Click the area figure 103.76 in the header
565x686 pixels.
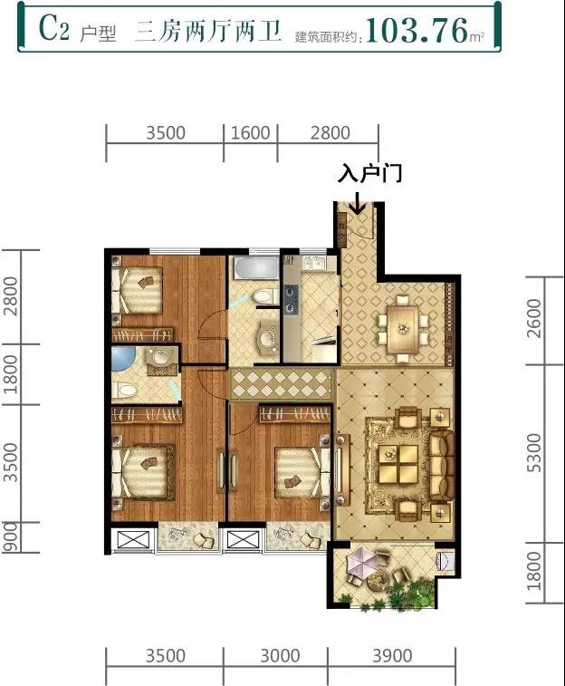coord(417,30)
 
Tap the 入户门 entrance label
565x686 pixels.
coord(369,174)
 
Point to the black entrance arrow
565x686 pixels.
coord(358,203)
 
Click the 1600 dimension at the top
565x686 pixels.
coord(251,132)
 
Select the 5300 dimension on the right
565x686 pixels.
coord(534,452)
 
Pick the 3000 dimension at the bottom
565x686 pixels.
coord(280,656)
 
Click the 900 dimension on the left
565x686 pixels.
coord(11,536)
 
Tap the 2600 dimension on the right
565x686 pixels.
coord(534,318)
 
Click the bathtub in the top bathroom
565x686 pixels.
coord(255,268)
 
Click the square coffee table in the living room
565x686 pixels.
coord(398,464)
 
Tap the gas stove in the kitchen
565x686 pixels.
coord(291,299)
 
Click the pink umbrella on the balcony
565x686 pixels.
coord(362,563)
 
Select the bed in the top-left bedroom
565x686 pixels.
coord(137,290)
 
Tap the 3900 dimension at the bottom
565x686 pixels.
coord(392,656)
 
